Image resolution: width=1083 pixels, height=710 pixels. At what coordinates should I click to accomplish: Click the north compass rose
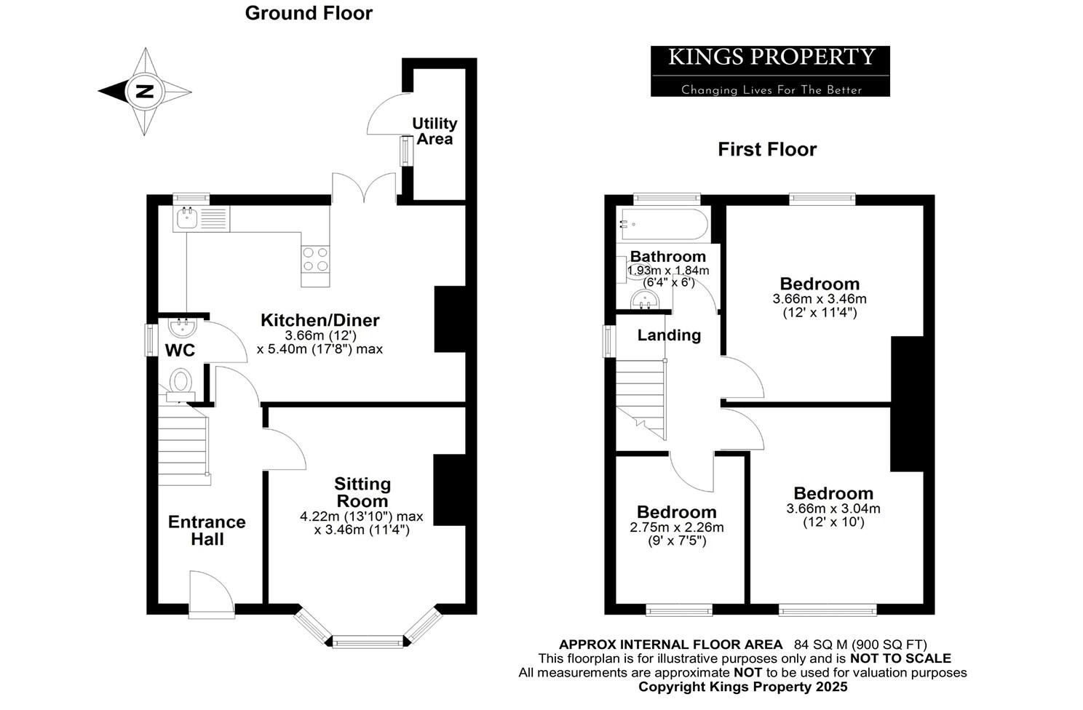[x=146, y=92]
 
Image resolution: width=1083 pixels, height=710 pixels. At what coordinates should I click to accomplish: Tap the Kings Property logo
[x=770, y=71]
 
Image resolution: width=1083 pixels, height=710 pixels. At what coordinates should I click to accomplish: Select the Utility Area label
[x=435, y=131]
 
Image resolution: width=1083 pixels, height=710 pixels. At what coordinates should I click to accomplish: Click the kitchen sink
[x=188, y=217]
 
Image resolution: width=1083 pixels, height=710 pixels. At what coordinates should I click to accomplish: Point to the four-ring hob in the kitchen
[x=315, y=259]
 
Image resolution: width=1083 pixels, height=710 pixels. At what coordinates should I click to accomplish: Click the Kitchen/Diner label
[x=320, y=320]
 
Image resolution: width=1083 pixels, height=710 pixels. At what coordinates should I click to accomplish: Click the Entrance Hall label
[x=207, y=530]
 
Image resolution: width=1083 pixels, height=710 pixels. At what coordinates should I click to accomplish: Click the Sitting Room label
[x=362, y=492]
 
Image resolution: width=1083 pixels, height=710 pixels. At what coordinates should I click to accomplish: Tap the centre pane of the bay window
[x=368, y=641]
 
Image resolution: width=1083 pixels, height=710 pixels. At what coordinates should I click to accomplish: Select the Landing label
[x=669, y=335]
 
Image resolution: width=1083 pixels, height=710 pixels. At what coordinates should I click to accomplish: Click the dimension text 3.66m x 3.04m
[x=833, y=508]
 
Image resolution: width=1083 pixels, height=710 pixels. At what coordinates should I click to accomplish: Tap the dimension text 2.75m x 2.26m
[x=677, y=527]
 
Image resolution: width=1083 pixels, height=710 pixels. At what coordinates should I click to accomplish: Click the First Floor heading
[x=767, y=149]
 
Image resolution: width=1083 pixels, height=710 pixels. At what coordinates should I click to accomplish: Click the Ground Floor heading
[x=309, y=13]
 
